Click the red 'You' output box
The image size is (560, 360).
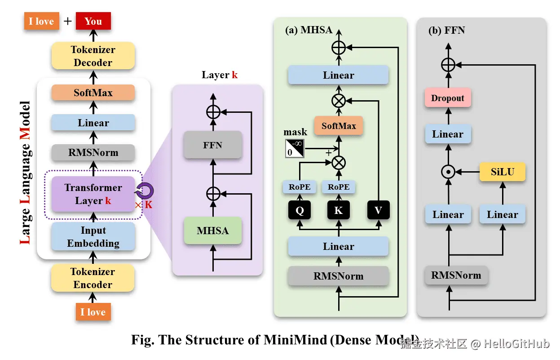[x=93, y=21]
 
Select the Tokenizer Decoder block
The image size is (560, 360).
[x=93, y=56]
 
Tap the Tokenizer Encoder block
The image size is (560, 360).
[x=93, y=278]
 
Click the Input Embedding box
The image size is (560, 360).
[x=93, y=237]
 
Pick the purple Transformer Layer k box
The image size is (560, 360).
[x=93, y=194]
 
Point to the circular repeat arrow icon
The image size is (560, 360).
[x=145, y=192]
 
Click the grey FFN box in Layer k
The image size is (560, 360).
[x=213, y=146]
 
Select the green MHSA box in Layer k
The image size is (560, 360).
[x=213, y=231]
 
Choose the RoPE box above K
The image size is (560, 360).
[x=339, y=187]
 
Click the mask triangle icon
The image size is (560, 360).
[x=295, y=148]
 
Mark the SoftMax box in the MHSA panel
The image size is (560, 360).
[x=339, y=126]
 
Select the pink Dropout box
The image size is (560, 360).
[x=448, y=98]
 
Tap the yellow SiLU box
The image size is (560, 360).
[x=503, y=172]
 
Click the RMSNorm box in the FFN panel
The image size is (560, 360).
[x=456, y=276]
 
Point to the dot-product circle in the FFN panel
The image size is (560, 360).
[x=448, y=172]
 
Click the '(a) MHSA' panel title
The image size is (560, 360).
[x=309, y=31]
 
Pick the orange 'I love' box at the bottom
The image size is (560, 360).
[x=93, y=312]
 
